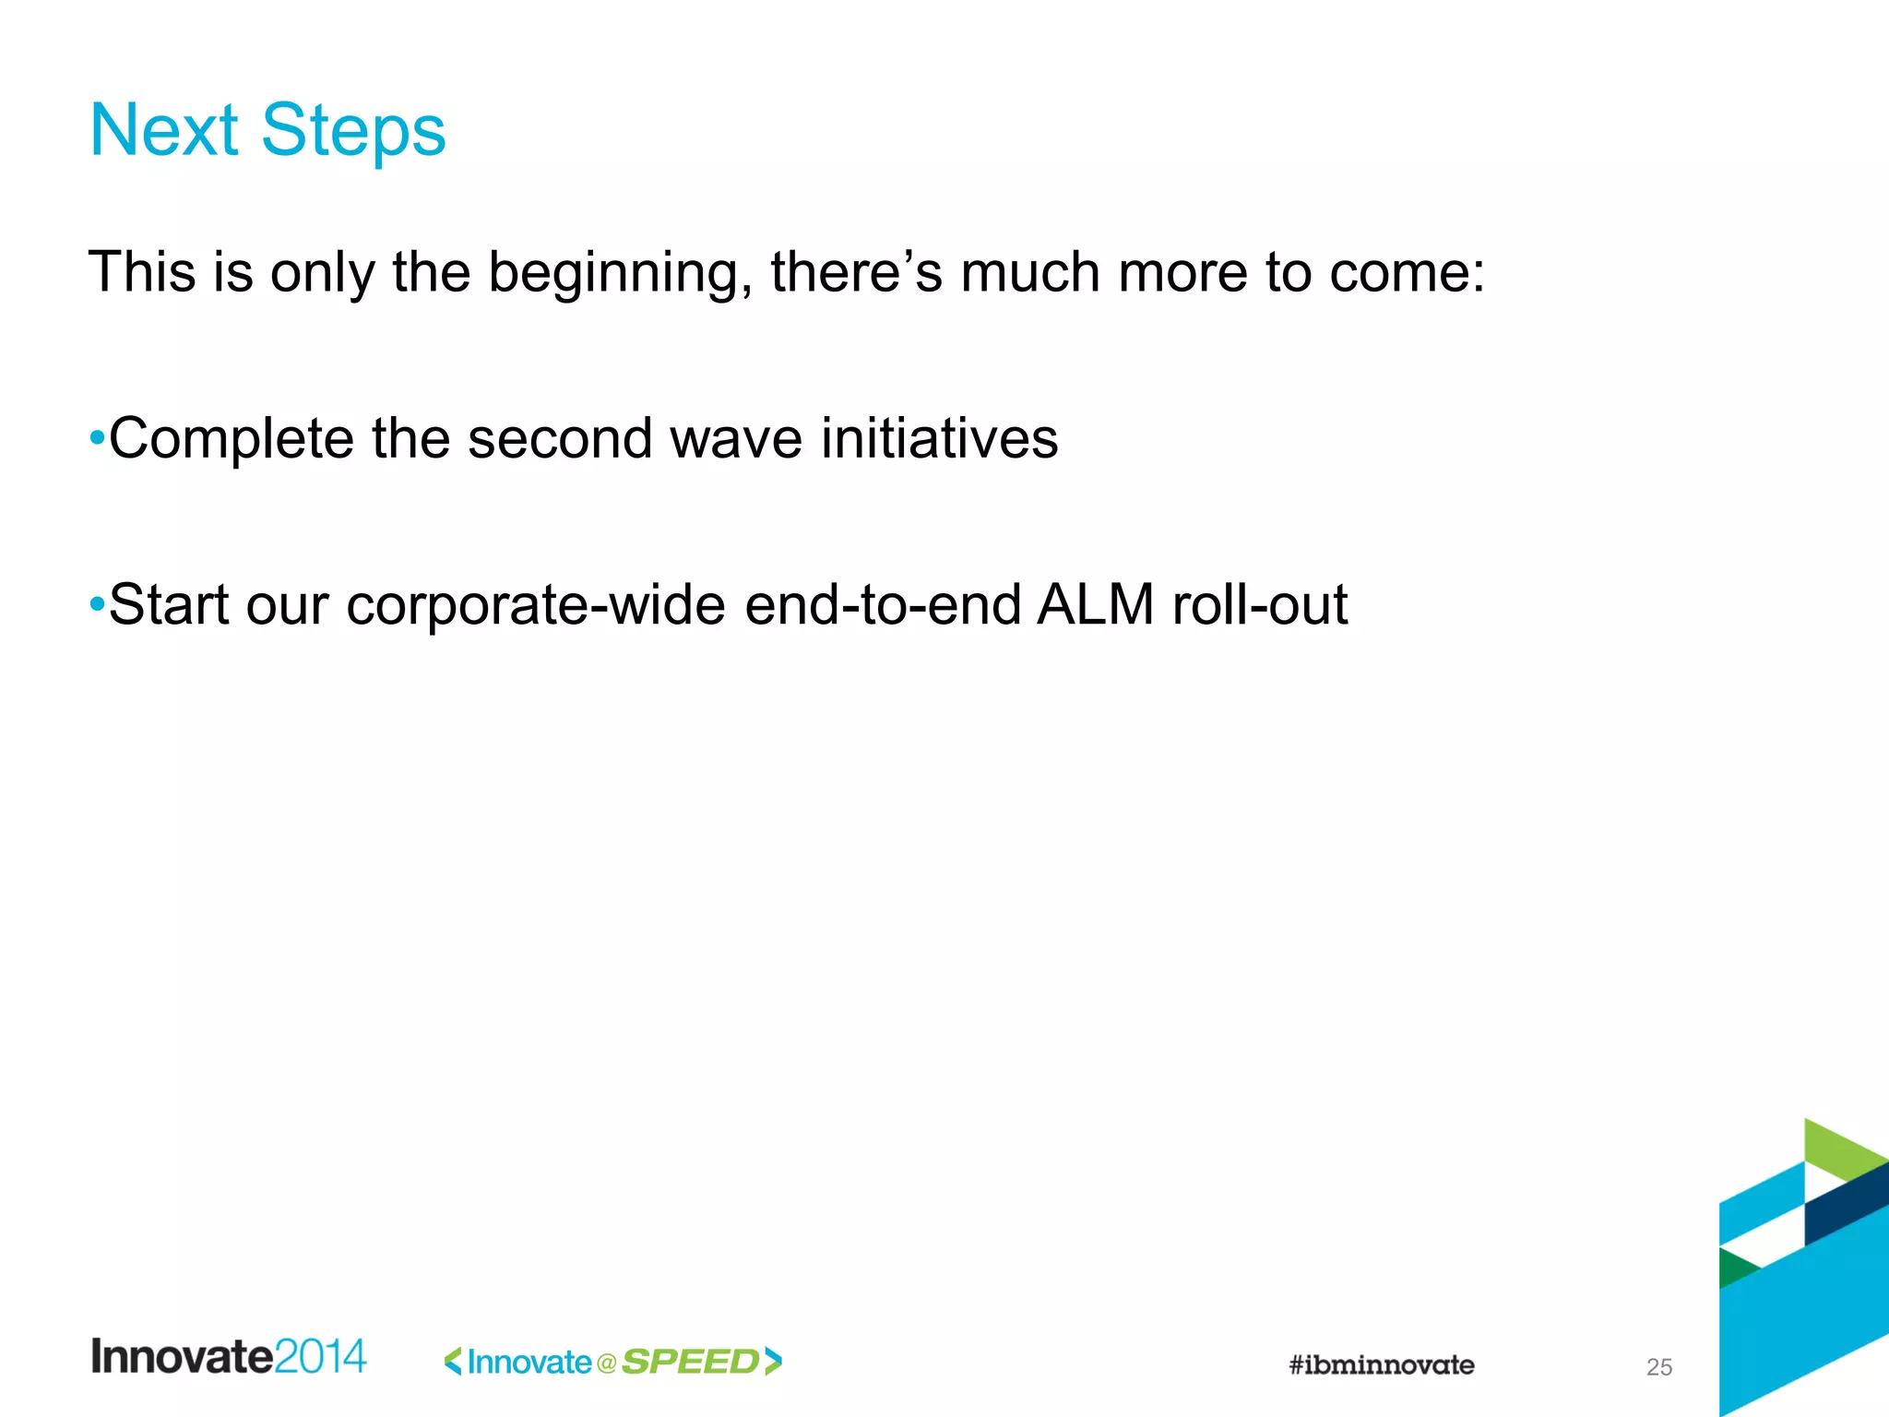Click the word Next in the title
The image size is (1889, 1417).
point(164,130)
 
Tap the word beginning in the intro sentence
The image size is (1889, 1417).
point(614,273)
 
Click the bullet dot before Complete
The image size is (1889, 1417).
point(97,437)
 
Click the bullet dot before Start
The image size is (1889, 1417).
point(97,605)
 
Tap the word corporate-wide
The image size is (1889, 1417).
point(535,605)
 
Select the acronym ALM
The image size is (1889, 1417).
point(1095,605)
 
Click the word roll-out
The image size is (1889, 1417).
point(1259,605)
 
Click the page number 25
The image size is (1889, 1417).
point(1658,1367)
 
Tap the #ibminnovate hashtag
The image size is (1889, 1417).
point(1381,1364)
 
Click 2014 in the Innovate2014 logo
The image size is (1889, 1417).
point(320,1357)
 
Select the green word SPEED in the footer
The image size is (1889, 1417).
point(691,1362)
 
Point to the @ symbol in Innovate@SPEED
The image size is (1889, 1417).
point(606,1363)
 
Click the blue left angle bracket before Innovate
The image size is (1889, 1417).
point(453,1362)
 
